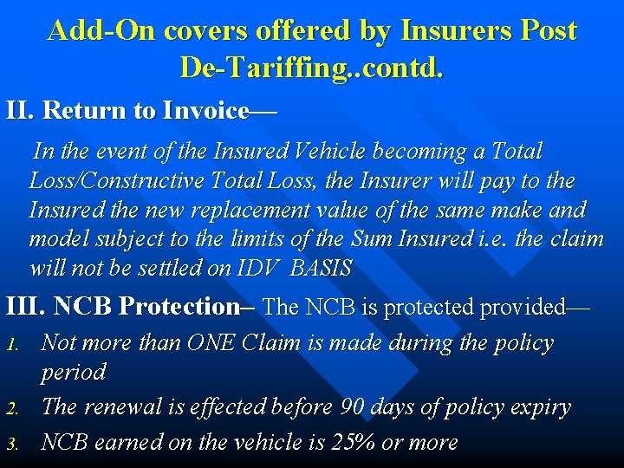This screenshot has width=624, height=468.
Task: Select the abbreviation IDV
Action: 257,269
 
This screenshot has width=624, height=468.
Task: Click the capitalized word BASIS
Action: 321,269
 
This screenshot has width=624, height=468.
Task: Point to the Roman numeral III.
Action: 26,307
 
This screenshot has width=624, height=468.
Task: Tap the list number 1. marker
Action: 12,345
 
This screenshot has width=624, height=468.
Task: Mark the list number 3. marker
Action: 12,444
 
